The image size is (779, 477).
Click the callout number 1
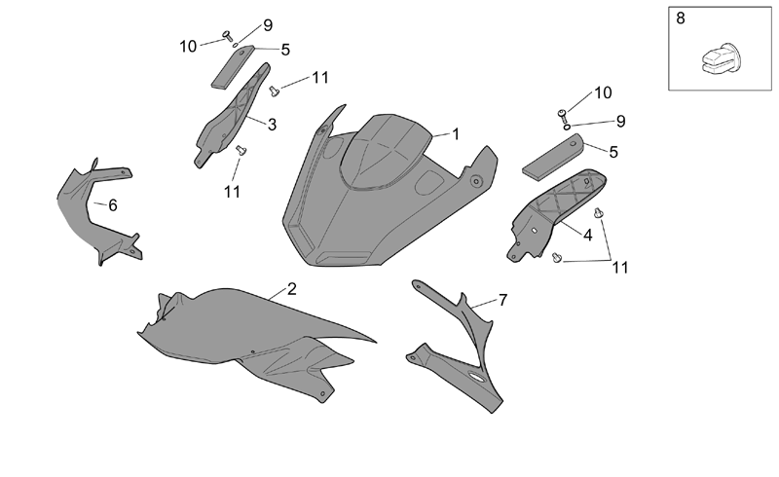(455, 134)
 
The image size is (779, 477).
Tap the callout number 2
(291, 289)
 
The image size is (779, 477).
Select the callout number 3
(272, 125)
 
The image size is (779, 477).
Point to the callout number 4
(588, 235)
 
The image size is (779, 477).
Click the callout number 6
(113, 204)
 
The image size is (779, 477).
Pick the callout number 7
(502, 300)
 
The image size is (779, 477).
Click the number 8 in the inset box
(681, 18)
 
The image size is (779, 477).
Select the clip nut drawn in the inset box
(720, 59)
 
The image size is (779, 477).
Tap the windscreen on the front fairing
(385, 151)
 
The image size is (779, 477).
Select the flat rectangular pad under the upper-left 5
(233, 67)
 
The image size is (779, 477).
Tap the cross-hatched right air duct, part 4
(556, 214)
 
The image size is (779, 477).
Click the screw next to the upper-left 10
(228, 35)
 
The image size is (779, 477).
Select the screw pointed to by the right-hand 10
(562, 115)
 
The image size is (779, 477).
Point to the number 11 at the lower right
(620, 268)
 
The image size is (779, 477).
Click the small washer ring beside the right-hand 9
(567, 127)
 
